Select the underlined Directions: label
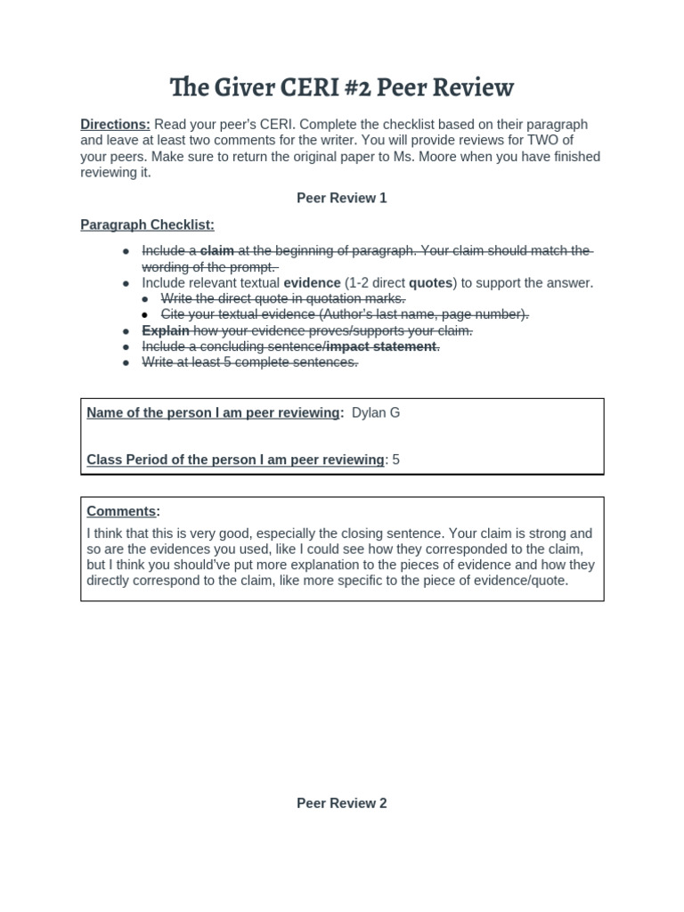point(115,125)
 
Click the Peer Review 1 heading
point(342,198)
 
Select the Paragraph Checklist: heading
point(147,224)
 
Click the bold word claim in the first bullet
point(216,251)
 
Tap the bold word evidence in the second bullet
point(312,283)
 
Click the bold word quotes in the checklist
point(430,283)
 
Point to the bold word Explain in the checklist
point(166,330)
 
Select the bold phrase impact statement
point(382,346)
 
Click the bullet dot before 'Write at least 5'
point(127,362)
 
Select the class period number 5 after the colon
point(396,460)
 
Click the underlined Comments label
point(121,511)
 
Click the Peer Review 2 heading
point(342,803)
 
